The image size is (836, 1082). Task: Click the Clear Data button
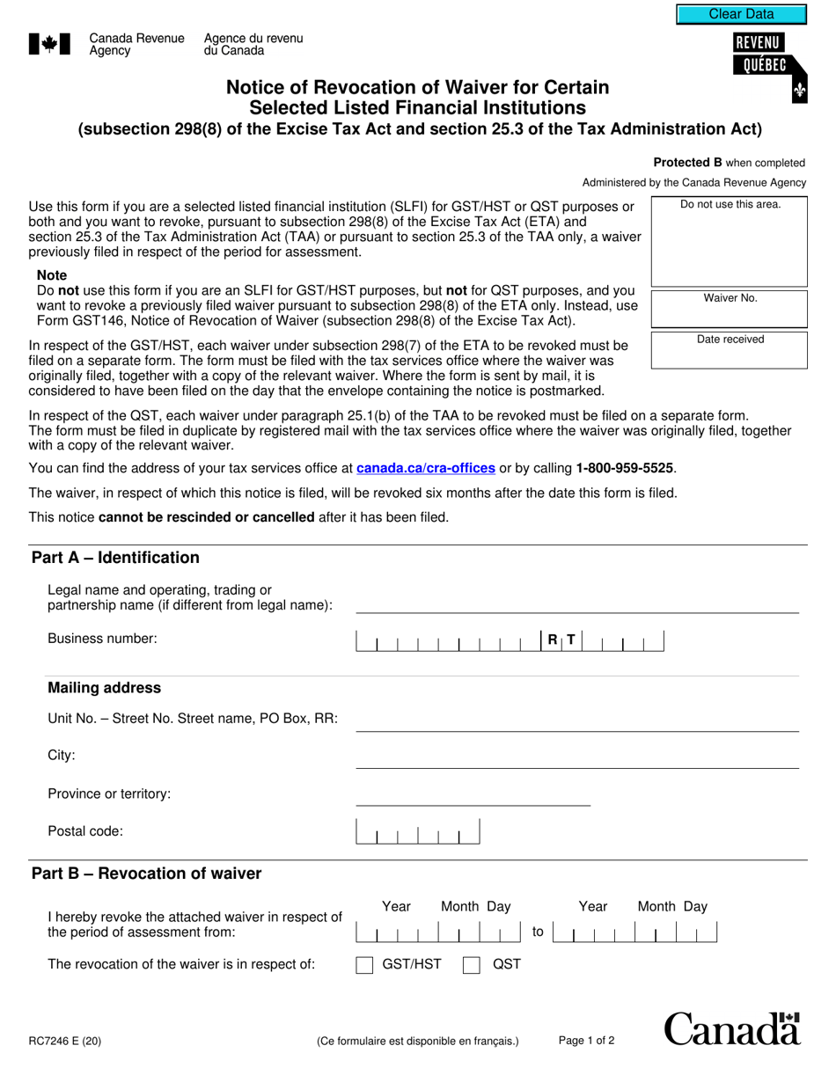pos(741,14)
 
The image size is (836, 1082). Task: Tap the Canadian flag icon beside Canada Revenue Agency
pos(49,44)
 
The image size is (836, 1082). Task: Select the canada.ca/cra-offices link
pos(426,468)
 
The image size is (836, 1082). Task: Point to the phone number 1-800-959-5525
pos(625,468)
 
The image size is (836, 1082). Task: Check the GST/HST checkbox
pos(364,965)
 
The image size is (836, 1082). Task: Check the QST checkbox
pos(472,965)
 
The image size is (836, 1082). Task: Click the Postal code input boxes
pos(417,832)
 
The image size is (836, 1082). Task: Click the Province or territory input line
pos(473,795)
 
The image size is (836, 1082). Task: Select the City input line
pos(576,757)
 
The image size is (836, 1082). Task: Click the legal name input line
pos(576,602)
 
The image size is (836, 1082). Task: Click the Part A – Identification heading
pos(115,558)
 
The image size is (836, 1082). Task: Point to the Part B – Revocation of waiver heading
pos(146,874)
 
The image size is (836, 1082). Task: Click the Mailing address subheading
pos(104,688)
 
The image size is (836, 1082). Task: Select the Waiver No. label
pos(730,298)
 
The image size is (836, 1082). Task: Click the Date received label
pos(730,340)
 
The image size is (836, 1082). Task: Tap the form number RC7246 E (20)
pos(64,1042)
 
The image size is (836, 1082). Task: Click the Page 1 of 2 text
pos(586,1041)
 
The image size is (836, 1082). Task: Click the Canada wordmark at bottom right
pos(731,1029)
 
